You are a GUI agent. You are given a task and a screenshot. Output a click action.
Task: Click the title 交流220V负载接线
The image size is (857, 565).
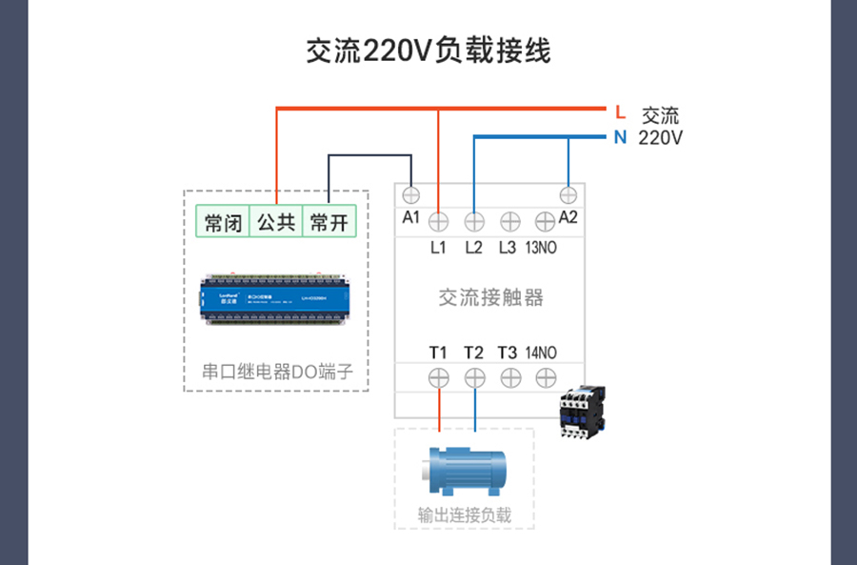428,50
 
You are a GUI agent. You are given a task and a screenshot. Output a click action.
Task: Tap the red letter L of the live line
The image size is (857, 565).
620,112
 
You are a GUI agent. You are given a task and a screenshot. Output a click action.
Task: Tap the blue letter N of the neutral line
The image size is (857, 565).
620,137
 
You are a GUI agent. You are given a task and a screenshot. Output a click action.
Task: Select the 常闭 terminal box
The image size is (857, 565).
223,224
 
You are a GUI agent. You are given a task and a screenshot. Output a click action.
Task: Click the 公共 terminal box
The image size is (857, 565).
276,224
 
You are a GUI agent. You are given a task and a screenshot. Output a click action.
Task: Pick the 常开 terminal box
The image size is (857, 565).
329,224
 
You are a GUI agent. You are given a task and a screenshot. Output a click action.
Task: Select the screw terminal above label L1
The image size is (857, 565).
438,222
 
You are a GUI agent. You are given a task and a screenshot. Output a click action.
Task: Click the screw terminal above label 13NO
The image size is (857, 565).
545,222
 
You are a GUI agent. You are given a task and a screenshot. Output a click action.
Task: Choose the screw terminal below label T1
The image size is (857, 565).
438,377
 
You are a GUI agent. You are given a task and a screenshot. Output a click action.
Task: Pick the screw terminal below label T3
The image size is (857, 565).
509,377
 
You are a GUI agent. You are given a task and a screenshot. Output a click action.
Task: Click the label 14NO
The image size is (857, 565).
542,353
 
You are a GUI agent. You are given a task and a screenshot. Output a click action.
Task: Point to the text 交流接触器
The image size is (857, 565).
490,298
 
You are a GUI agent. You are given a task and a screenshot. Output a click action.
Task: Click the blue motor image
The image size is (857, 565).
462,470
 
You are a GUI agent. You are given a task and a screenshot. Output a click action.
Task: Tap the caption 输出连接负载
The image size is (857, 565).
465,515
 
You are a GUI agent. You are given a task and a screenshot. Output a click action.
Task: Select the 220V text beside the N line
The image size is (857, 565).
660,138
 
